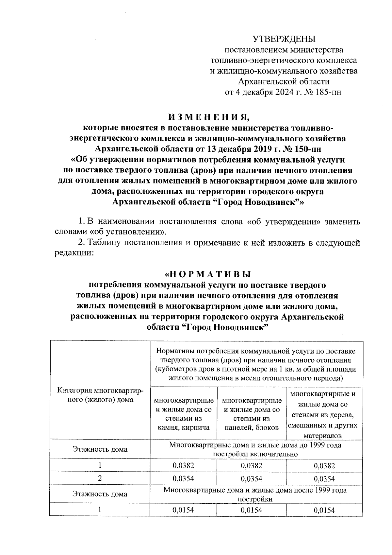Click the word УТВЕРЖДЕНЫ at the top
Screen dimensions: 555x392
(284, 39)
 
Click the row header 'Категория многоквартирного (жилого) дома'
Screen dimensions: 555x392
(100, 395)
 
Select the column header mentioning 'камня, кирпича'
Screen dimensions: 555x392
(184, 414)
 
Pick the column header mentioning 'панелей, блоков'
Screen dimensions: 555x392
(252, 414)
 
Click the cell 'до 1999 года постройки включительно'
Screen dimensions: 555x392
(255, 449)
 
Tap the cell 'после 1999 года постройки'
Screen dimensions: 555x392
(255, 494)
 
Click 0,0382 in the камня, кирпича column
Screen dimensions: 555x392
(184, 466)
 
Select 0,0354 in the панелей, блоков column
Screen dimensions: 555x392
(252, 478)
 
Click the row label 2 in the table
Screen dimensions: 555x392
(100, 478)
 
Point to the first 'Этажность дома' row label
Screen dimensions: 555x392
(100, 449)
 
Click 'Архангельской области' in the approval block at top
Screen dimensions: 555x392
(284, 82)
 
